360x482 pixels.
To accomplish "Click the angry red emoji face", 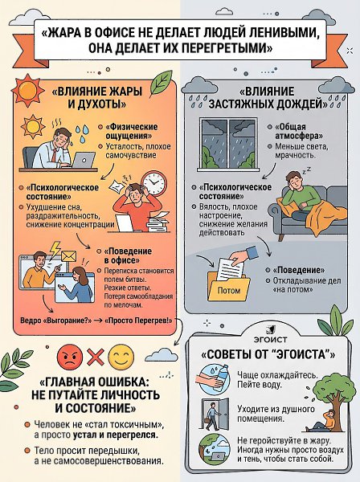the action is [70, 357].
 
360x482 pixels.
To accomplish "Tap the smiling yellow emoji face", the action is [121, 357].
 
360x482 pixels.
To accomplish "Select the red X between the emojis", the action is [96, 357].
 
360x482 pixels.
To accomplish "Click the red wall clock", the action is [154, 183].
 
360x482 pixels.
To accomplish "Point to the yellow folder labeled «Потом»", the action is [228, 286].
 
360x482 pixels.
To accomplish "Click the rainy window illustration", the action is [228, 144].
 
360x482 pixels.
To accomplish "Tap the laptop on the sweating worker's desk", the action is [84, 160].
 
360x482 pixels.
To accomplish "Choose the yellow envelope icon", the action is [68, 256].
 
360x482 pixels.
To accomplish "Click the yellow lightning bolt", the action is [55, 249].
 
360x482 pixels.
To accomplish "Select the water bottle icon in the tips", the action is [212, 379].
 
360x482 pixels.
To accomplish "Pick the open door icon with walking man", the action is [215, 415].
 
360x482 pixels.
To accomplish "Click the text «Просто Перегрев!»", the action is [138, 321].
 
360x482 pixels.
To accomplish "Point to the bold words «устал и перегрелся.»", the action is [116, 435].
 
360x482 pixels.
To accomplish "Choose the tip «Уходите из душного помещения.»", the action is [276, 414].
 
